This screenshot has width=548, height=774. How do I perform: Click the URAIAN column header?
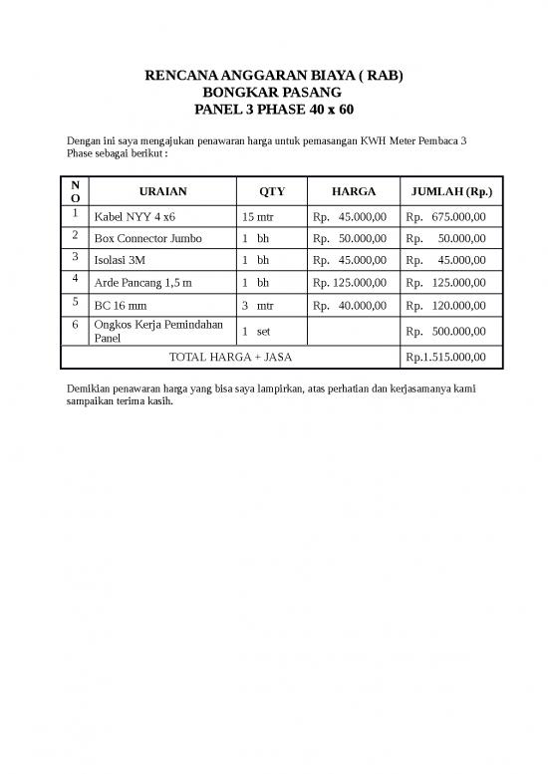[163, 190]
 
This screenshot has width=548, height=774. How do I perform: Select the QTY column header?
[271, 190]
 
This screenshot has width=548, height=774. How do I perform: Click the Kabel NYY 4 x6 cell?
[135, 216]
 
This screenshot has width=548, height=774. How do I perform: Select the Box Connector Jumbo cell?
[147, 239]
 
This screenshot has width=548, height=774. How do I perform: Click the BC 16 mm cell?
[122, 307]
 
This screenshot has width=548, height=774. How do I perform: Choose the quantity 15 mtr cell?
[258, 216]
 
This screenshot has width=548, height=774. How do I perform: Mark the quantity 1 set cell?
[256, 330]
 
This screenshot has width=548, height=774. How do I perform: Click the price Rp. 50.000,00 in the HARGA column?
[350, 239]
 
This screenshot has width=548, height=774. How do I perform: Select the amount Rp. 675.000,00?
[445, 216]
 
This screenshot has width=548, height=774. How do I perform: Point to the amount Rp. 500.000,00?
[445, 331]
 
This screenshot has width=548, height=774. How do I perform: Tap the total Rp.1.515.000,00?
[445, 357]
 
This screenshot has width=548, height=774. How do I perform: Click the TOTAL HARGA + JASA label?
[230, 357]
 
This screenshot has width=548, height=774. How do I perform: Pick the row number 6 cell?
[75, 325]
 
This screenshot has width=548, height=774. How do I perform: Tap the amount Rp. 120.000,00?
[445, 307]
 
